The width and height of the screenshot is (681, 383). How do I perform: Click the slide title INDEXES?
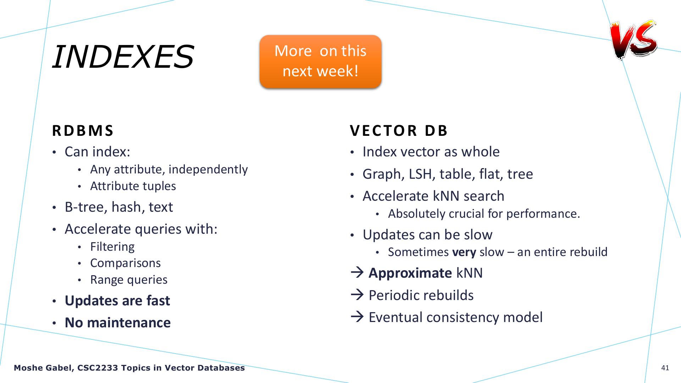coord(123,57)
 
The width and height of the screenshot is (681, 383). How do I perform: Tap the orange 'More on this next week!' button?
coord(320,62)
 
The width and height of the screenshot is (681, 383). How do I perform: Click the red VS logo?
coord(633,39)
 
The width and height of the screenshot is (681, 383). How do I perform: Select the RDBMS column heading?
coord(83,131)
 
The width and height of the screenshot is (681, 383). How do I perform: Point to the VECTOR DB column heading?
coord(399,131)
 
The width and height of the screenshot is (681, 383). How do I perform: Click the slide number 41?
coord(665,368)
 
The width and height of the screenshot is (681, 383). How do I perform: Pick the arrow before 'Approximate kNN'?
coord(357,272)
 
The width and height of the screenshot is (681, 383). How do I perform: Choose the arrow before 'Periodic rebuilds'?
coord(357,294)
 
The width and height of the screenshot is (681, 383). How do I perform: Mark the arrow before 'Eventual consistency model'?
coord(357,316)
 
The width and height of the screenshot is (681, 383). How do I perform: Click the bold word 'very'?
coord(464,252)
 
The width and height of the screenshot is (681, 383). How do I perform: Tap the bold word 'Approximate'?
coord(410,273)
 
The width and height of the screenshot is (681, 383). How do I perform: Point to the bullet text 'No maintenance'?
coord(118,323)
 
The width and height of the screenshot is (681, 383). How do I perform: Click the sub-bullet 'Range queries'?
coord(129,280)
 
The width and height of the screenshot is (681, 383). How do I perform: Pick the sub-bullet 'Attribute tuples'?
coord(133,186)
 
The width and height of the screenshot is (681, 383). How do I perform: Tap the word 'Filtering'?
coord(112,247)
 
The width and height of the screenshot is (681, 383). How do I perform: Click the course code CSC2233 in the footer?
coord(98,368)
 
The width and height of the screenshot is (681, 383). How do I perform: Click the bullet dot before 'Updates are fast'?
coord(54,301)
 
